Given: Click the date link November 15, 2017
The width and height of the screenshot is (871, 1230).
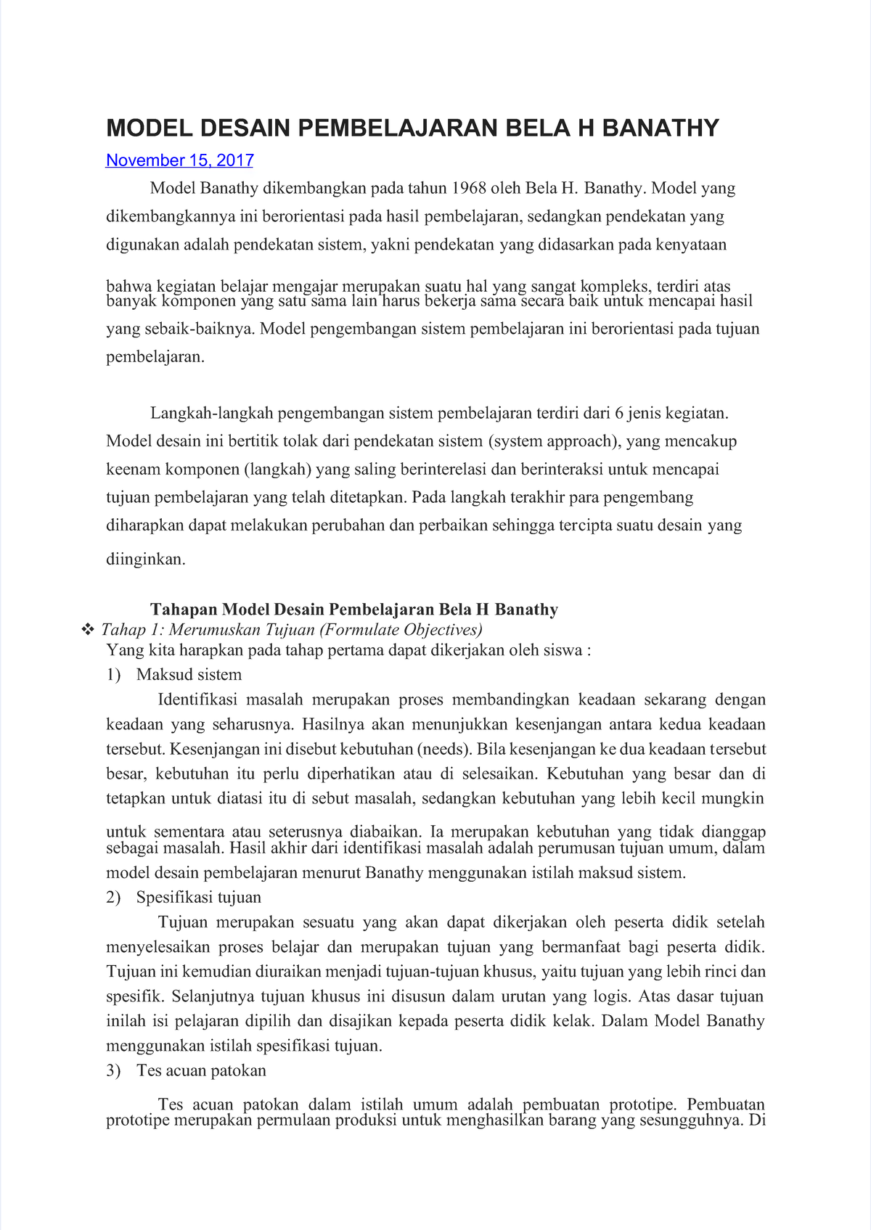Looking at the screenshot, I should click(179, 160).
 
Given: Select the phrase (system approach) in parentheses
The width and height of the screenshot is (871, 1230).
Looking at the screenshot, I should click(554, 441).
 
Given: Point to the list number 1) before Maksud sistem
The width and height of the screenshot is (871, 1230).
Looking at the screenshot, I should click(113, 675).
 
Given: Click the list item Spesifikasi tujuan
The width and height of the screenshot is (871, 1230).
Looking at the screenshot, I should click(198, 898).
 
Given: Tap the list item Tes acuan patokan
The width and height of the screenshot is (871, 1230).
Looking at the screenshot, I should click(201, 1070).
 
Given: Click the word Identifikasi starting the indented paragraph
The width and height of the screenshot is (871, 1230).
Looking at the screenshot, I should click(197, 700).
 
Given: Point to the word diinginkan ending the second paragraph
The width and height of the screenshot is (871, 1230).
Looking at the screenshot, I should click(146, 559).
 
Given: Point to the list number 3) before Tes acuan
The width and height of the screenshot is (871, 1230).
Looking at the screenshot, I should click(113, 1070).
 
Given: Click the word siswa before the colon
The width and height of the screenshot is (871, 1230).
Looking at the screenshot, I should click(563, 650).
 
